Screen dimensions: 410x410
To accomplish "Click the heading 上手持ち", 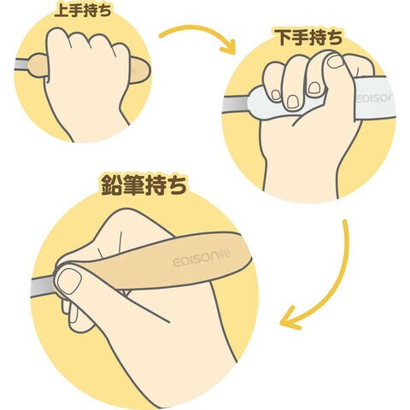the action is [x=83, y=10].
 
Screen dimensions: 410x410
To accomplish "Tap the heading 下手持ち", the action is [x=310, y=37].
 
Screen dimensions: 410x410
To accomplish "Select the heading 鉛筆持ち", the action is [x=143, y=185].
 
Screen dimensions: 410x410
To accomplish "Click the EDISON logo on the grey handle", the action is [x=375, y=98].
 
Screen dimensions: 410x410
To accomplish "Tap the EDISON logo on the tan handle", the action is [x=202, y=257].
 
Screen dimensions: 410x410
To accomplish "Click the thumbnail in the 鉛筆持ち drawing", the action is [x=69, y=281].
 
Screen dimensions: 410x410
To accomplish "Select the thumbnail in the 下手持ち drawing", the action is [x=336, y=61].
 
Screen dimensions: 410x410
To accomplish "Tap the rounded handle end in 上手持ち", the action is [x=140, y=70].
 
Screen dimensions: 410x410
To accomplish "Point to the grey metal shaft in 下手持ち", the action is [x=235, y=106].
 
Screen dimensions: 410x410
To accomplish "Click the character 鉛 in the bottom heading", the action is [x=112, y=185].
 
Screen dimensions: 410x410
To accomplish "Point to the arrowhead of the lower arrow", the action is [x=290, y=319].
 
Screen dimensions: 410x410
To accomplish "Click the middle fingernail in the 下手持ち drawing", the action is [x=293, y=102].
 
